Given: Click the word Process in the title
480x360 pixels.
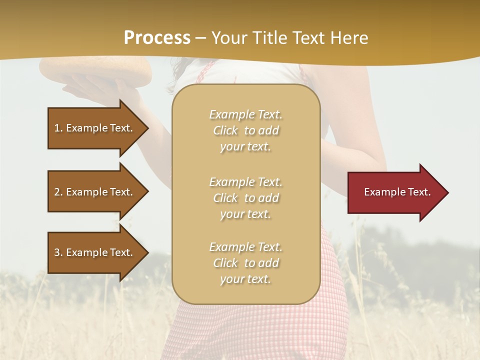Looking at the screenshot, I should tap(157, 38).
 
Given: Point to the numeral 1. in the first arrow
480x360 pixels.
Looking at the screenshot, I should tap(58, 128).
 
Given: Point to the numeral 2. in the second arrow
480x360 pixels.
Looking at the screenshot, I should tap(58, 192).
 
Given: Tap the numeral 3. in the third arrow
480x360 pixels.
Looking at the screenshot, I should tap(58, 252).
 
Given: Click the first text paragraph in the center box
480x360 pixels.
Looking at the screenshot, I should tap(245, 130).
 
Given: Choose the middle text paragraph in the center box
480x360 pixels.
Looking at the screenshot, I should tap(245, 198).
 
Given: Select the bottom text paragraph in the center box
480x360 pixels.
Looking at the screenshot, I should tap(245, 263).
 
